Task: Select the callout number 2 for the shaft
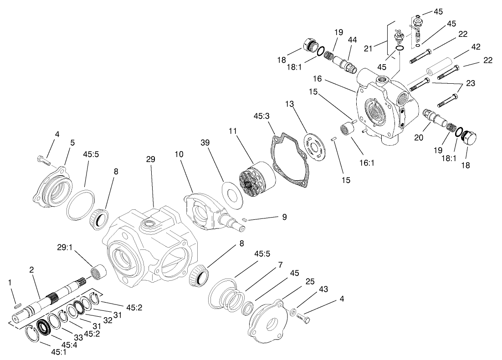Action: pyautogui.click(x=31, y=269)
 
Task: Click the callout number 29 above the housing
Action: pyautogui.click(x=150, y=159)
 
